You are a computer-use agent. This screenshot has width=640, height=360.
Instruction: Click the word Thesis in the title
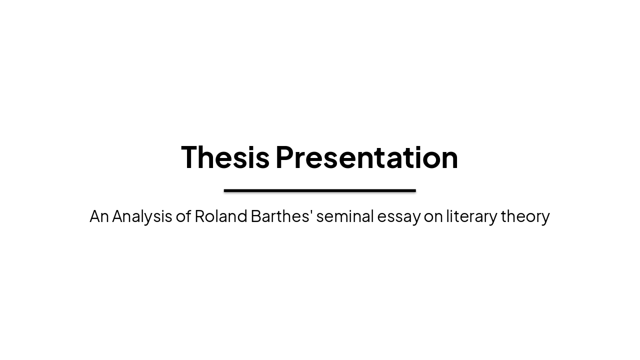point(225,157)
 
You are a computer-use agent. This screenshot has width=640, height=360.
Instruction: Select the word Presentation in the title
point(366,157)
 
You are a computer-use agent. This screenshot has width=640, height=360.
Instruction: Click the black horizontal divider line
point(319,190)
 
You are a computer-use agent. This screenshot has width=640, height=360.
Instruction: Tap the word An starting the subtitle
point(99,216)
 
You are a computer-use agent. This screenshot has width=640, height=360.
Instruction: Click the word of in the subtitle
point(183,216)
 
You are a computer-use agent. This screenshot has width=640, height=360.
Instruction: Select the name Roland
point(221,216)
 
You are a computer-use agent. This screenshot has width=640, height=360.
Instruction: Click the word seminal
point(345,216)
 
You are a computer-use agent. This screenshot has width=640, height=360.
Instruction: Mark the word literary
point(471,216)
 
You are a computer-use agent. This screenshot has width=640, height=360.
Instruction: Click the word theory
point(525,216)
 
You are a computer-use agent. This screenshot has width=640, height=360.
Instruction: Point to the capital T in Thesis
point(190,157)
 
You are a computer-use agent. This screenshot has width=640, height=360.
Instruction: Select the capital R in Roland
point(199,216)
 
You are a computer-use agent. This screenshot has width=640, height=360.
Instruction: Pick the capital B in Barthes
point(255,216)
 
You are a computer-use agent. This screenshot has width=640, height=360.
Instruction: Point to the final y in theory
point(545,218)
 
